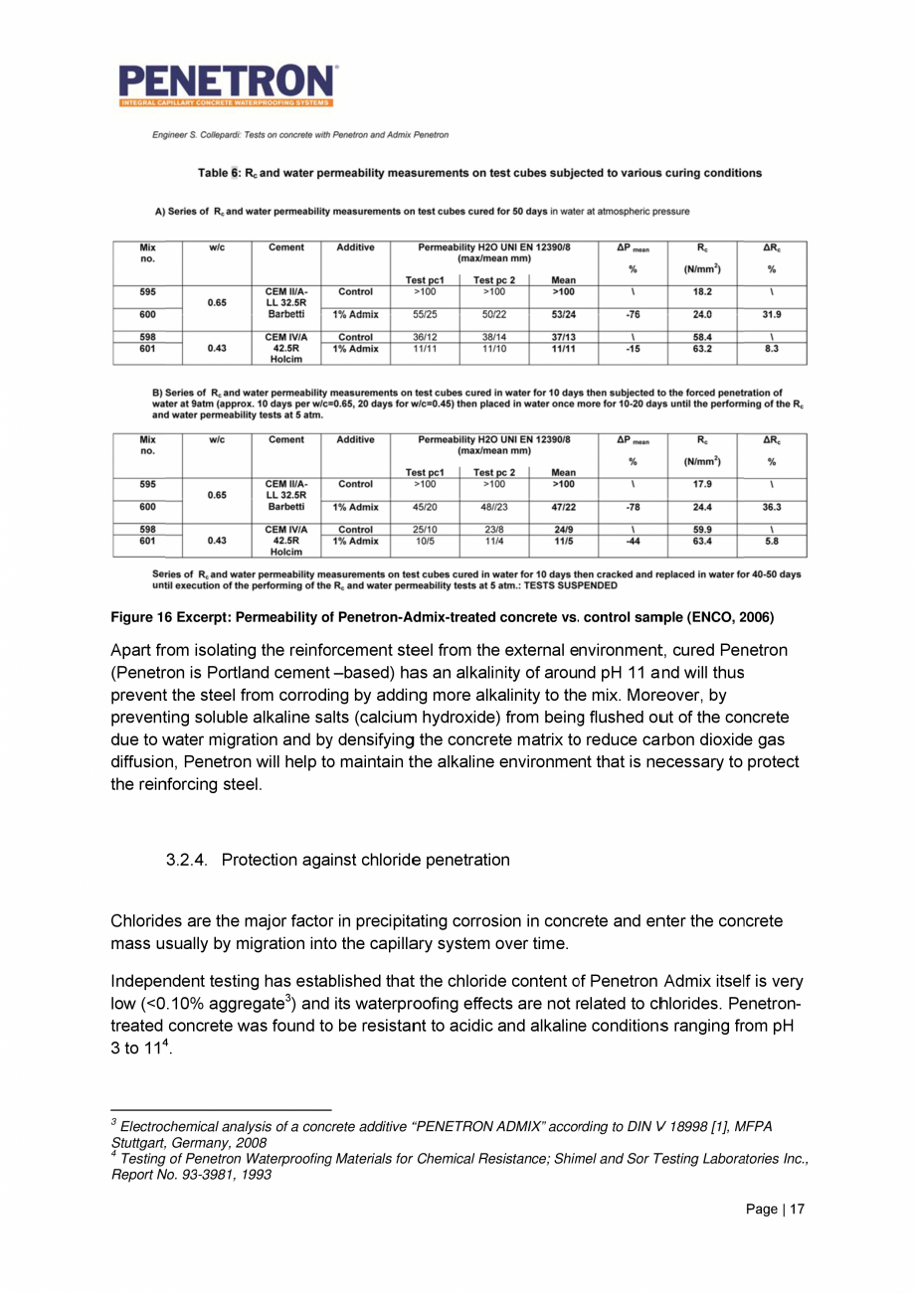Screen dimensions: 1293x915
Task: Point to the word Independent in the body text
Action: (x=163, y=984)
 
